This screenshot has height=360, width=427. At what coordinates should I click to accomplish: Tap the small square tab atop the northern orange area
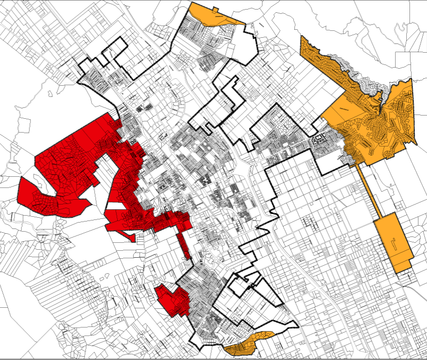pos(215,9)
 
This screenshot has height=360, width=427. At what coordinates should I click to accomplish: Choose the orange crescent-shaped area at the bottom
pos(248,344)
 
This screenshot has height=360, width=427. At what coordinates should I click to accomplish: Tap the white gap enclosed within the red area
pos(114,206)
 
